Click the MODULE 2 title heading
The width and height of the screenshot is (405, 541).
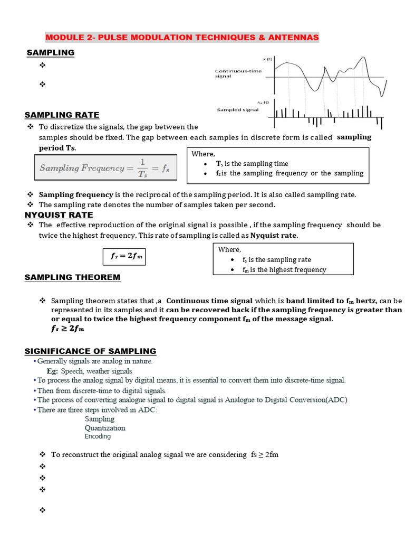click(182, 38)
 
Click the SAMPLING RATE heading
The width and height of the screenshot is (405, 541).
click(62, 115)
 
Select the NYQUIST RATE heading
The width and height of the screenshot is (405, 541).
click(59, 215)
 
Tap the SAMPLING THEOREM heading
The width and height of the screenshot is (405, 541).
click(72, 277)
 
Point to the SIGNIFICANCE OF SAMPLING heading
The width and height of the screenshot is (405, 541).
click(90, 351)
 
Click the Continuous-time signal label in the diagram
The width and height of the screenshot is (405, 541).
click(238, 73)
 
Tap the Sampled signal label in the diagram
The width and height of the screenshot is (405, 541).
click(238, 110)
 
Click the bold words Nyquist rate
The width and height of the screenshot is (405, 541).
click(274, 235)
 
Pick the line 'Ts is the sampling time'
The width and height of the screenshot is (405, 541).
click(252, 164)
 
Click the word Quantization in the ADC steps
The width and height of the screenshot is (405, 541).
click(105, 428)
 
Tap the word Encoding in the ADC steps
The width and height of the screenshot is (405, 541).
click(98, 436)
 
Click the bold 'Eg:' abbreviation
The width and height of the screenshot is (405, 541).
click(52, 371)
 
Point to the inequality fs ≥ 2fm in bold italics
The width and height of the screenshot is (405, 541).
click(67, 329)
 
